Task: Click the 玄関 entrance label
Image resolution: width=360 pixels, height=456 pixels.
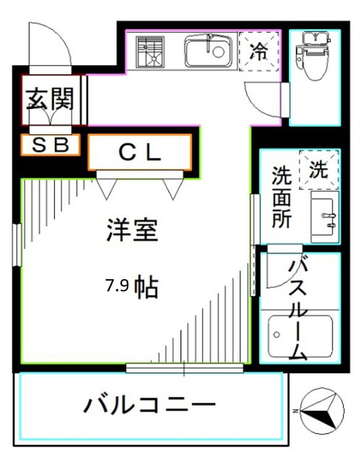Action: coord(50,99)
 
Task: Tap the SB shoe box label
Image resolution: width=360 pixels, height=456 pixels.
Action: coord(50,145)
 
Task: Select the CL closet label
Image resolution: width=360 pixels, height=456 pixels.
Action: coord(140,152)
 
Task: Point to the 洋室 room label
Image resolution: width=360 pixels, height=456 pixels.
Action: coord(132,230)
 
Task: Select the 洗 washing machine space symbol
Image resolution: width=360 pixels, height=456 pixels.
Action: coord(319,169)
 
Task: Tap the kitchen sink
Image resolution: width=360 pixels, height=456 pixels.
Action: coord(208,51)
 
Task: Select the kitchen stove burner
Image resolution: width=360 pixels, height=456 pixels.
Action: coord(150,53)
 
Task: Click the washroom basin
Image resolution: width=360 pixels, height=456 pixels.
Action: coord(326,217)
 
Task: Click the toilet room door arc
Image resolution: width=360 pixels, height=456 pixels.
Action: coord(260,101)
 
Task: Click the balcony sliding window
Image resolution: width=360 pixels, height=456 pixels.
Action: coord(185,367)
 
